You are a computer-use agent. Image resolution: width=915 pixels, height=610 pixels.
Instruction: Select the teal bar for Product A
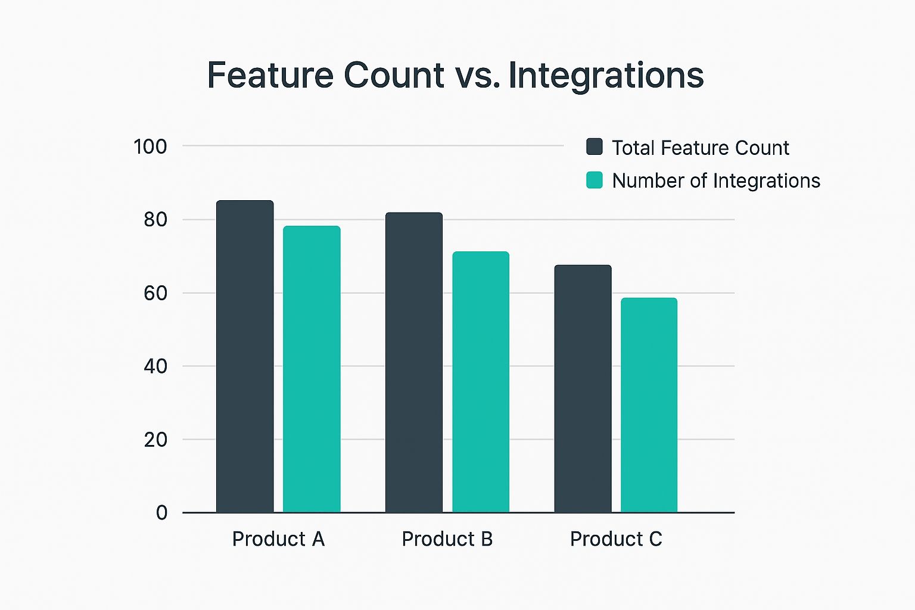click(x=312, y=369)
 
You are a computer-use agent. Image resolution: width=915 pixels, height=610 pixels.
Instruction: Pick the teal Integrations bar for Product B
click(x=481, y=382)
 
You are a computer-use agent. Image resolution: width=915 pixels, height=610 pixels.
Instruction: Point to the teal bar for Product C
click(x=649, y=405)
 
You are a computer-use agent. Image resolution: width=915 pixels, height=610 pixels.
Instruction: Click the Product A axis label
click(x=278, y=539)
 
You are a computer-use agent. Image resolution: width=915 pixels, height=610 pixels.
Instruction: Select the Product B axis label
click(x=447, y=539)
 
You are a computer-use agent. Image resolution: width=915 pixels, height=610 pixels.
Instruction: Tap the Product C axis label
click(x=616, y=539)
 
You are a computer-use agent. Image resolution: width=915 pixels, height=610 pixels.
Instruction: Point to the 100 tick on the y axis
click(x=150, y=147)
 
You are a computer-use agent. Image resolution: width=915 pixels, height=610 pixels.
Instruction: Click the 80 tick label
click(x=155, y=220)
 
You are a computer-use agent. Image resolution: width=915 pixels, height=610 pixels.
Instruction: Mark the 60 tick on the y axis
click(x=155, y=293)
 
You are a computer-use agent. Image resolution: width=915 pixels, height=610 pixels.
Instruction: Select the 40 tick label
click(x=155, y=366)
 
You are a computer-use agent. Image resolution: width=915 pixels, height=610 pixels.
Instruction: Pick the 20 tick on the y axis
click(x=155, y=440)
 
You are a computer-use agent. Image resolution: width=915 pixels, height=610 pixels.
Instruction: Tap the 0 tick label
click(x=161, y=513)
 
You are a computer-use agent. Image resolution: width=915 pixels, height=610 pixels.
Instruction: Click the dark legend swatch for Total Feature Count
click(x=595, y=147)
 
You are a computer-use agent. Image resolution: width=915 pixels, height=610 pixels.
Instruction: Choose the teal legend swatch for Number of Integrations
click(x=595, y=180)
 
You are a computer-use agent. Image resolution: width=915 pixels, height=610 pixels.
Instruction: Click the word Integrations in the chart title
click(x=606, y=76)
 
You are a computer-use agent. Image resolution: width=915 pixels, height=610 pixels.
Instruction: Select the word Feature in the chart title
click(x=270, y=76)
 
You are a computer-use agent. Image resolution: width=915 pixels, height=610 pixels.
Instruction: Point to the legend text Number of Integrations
click(x=716, y=180)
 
